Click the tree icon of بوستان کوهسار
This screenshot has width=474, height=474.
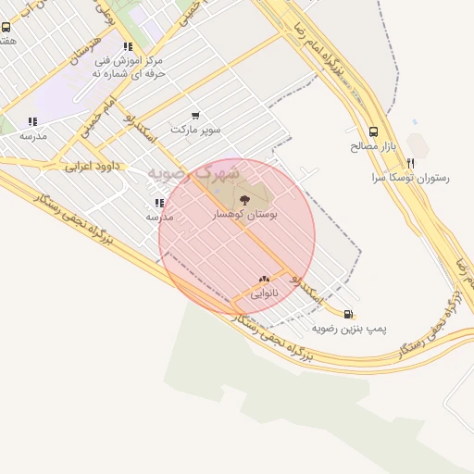pos(244,199)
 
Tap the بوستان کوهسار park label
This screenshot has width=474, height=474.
pos(245,213)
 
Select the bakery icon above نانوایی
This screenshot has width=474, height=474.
pos(265,278)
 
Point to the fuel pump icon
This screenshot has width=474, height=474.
pos(348,314)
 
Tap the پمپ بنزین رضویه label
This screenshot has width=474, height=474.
pos(349,328)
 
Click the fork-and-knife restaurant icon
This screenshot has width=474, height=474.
pos(411,163)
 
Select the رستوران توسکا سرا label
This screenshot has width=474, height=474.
pos(410,177)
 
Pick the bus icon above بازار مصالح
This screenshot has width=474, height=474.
pos(373,131)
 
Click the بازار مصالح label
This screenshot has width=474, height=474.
pos(373,145)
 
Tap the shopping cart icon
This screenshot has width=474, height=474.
pos(194,116)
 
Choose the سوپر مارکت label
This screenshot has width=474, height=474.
pos(195,130)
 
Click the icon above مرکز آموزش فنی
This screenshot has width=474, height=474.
pos(127,45)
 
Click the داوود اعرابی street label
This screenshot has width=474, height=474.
pos(89,168)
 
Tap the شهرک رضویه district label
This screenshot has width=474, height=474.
pos(200,173)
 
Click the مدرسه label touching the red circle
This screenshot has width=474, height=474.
pos(160,216)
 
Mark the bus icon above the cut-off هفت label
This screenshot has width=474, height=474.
pos(8,28)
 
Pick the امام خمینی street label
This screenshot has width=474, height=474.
pos(97,118)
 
